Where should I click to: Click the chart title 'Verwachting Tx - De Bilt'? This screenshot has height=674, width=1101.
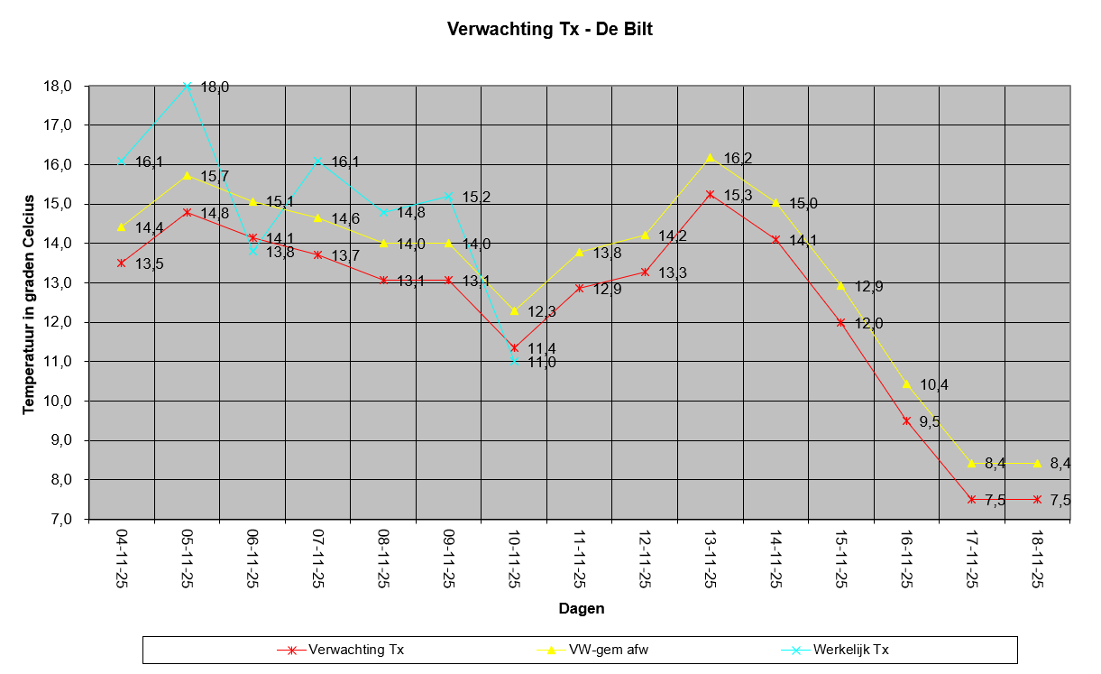click(x=549, y=29)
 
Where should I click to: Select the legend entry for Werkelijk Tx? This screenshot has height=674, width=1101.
click(x=850, y=649)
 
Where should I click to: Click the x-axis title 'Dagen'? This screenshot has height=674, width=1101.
click(x=581, y=608)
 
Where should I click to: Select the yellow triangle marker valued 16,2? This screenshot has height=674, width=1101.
click(x=711, y=158)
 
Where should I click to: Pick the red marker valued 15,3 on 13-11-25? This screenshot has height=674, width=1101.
click(x=711, y=194)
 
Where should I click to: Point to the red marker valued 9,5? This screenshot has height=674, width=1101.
click(x=906, y=420)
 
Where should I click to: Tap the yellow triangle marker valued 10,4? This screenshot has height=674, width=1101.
click(x=906, y=384)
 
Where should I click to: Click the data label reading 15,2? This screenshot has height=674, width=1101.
click(x=476, y=197)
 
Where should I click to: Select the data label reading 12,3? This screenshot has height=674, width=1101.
click(x=542, y=311)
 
